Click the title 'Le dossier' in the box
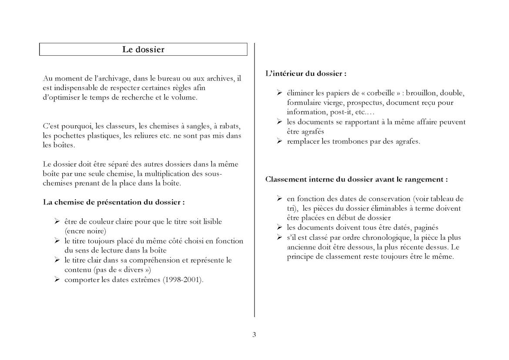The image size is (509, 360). (143, 50)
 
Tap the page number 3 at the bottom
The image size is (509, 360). (254, 335)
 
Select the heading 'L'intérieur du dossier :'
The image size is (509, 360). (306, 74)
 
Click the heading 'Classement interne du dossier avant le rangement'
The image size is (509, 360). (356, 179)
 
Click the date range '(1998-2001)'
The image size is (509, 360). (183, 279)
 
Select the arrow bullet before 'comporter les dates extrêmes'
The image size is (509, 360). (57, 279)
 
